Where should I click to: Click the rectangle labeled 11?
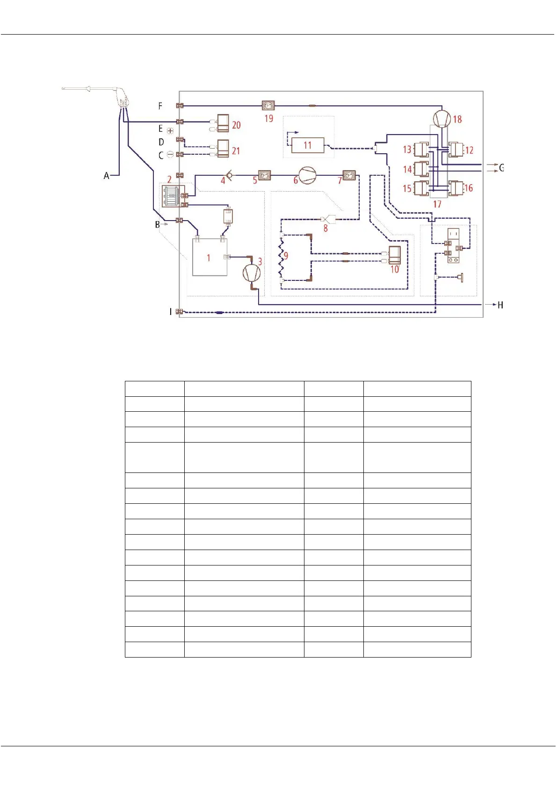tap(307, 145)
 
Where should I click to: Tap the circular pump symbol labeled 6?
tap(307, 175)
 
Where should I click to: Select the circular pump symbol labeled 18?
tap(441, 119)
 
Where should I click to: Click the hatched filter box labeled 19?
tap(268, 106)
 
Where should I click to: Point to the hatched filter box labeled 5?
tap(265, 175)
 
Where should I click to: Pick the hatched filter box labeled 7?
tap(349, 175)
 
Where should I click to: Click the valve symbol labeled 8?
tap(326, 219)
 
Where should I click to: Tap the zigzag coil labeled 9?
tap(282, 258)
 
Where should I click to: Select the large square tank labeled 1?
tap(210, 258)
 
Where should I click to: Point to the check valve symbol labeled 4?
tap(230, 176)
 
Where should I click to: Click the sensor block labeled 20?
tap(223, 123)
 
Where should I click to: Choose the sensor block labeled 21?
tap(223, 149)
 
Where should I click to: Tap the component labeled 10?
tap(394, 255)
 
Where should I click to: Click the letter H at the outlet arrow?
tap(500, 305)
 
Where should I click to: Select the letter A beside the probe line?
tap(107, 176)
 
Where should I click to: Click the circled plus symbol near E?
tap(170, 131)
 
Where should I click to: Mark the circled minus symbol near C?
tap(170, 154)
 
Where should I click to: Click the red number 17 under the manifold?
tap(437, 204)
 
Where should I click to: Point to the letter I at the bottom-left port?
tap(170, 312)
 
